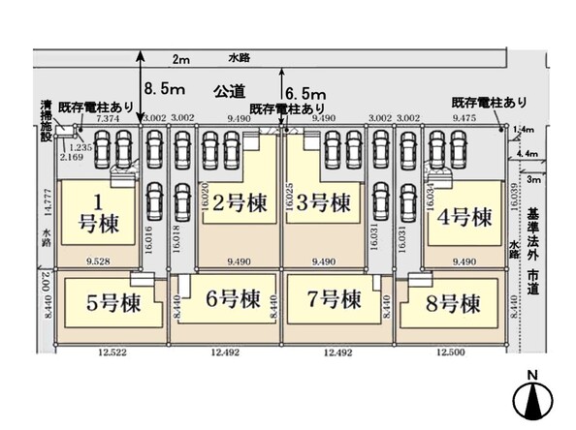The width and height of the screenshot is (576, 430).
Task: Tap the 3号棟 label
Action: [322, 204]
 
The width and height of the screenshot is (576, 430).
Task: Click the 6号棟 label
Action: [234, 298]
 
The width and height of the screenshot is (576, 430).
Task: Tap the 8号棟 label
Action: [453, 303]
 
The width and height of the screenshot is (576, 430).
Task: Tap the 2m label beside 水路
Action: [179, 59]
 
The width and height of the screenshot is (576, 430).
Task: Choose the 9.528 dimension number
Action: [101, 261]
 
